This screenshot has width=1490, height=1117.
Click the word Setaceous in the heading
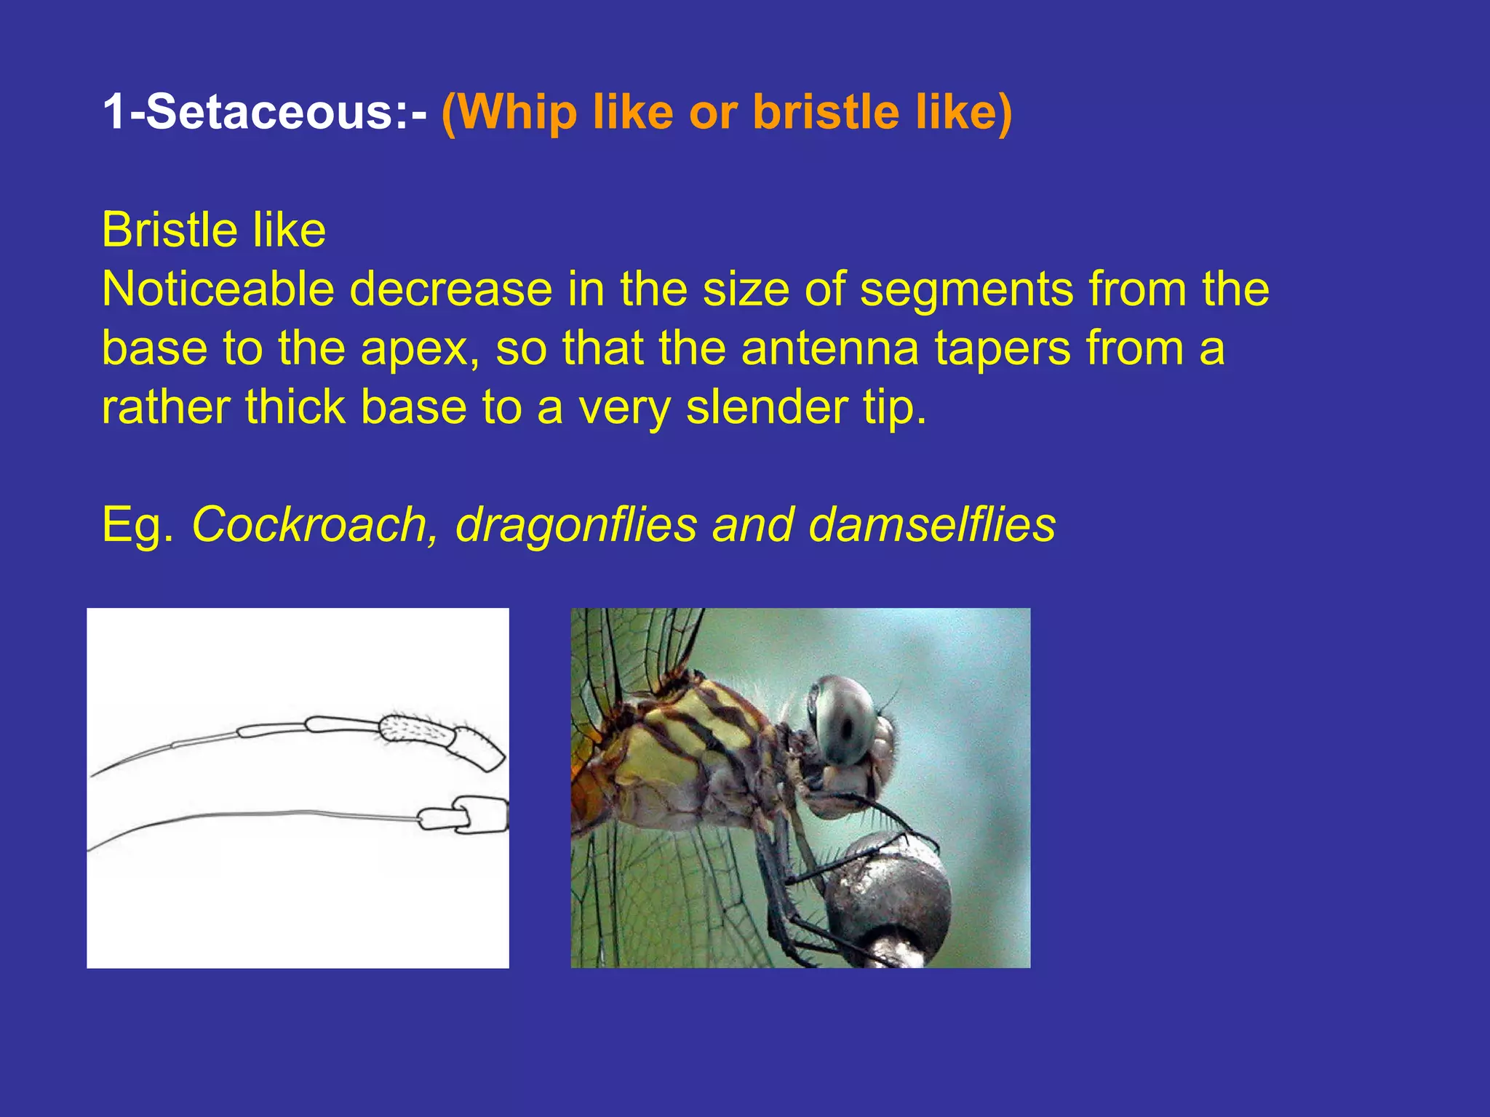(270, 112)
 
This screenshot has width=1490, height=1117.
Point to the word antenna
(830, 348)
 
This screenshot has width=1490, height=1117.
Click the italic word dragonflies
(576, 524)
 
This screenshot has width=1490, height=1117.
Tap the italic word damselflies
(932, 524)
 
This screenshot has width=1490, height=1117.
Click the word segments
(966, 289)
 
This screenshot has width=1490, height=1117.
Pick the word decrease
(451, 289)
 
